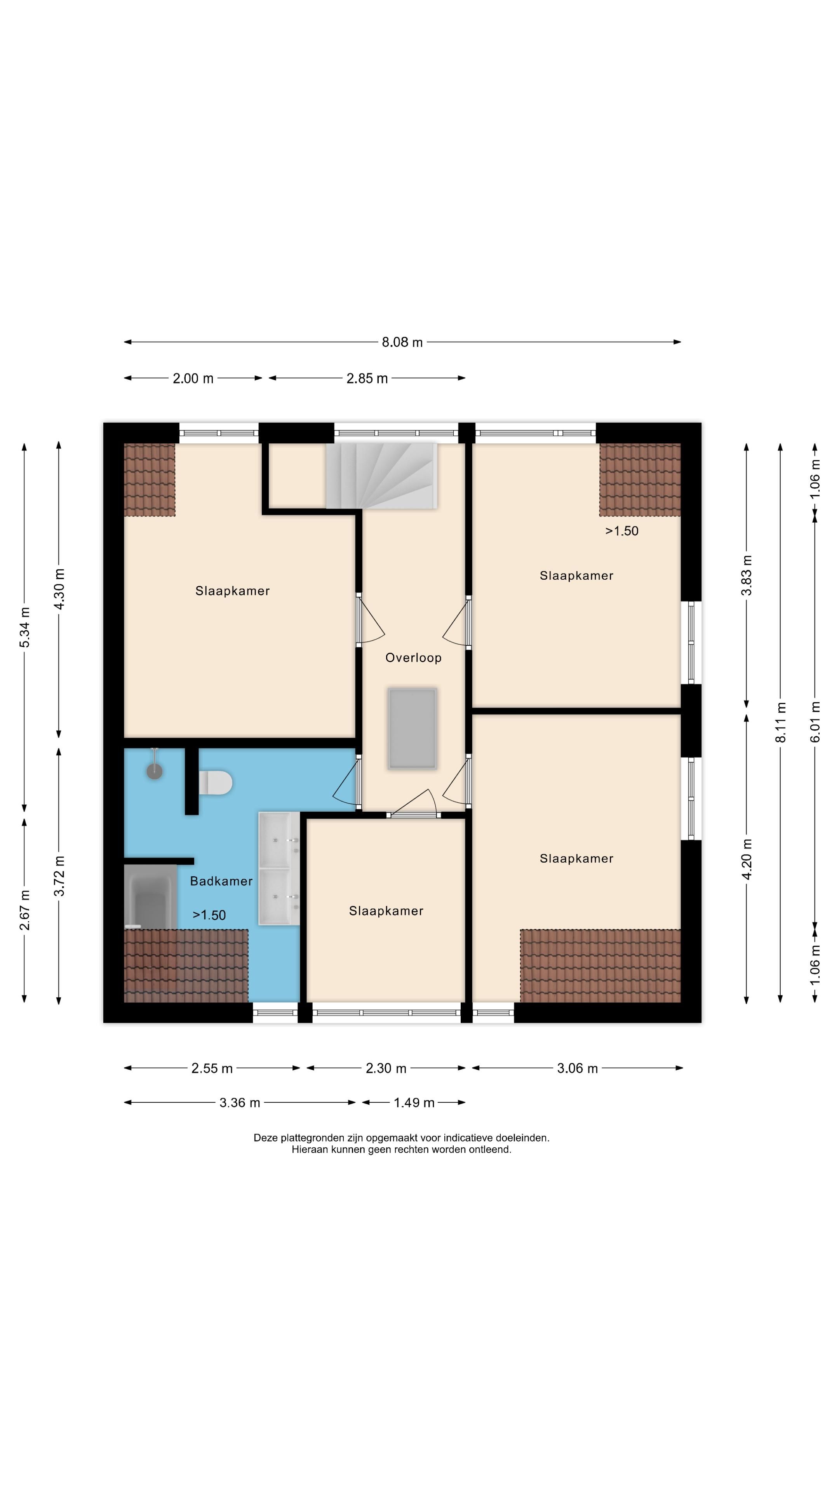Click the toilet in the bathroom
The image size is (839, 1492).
(216, 783)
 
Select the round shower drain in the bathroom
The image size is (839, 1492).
(155, 771)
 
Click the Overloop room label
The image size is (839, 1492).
(413, 657)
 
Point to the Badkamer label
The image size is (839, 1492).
(221, 881)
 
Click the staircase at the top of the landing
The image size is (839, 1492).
(381, 476)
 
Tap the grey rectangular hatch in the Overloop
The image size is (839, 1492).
(412, 728)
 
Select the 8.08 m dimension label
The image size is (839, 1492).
(402, 342)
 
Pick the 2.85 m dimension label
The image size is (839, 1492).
(367, 379)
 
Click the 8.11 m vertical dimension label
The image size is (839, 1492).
(780, 722)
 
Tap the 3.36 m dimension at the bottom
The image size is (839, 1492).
(240, 1103)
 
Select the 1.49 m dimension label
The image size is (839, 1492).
(414, 1103)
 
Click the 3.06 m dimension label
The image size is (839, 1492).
(577, 1068)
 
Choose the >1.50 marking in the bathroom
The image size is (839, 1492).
(209, 915)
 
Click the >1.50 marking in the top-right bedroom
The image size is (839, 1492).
(622, 531)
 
